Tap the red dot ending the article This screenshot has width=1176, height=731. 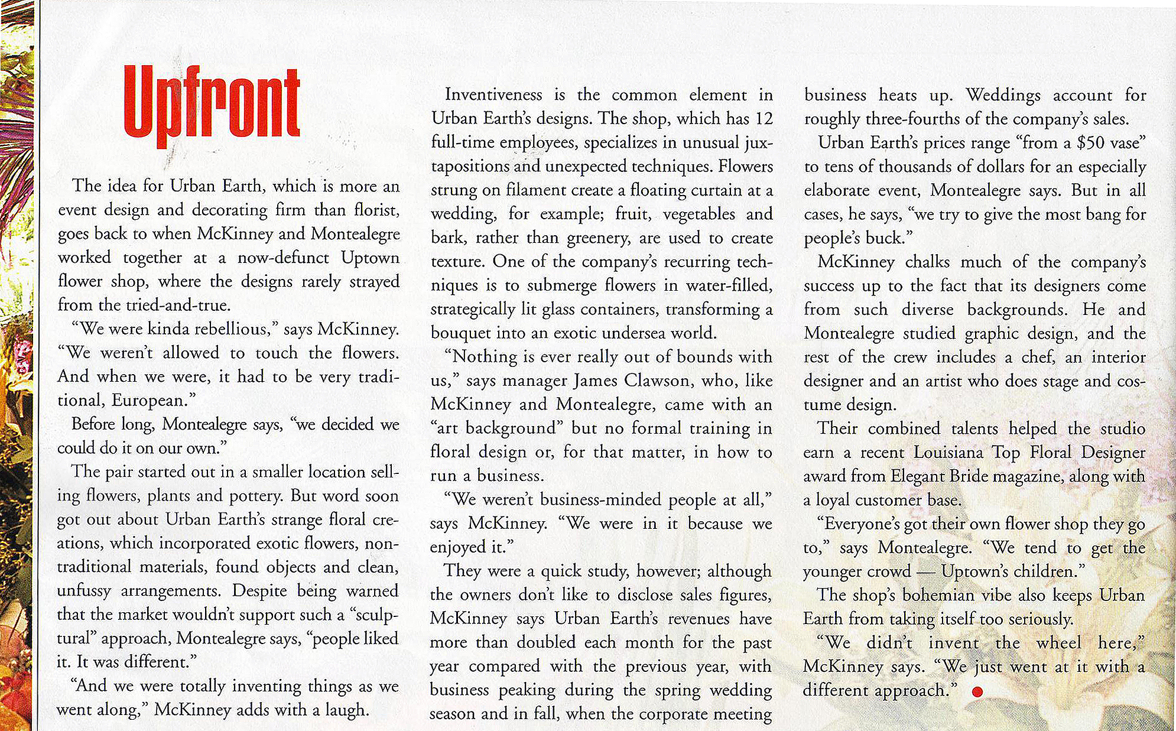pos(977,691)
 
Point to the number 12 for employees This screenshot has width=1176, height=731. pos(764,119)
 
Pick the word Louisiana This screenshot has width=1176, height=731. pos(949,453)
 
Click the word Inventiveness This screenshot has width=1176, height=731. pos(493,95)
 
